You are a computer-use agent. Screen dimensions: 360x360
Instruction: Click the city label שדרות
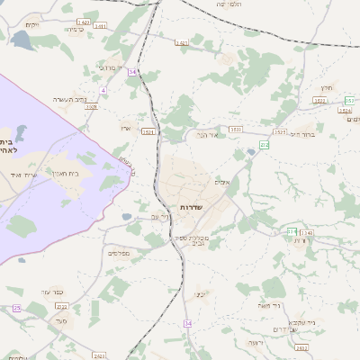pyautogui.click(x=191, y=207)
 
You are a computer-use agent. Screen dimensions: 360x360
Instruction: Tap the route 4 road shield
pyautogui.click(x=103, y=90)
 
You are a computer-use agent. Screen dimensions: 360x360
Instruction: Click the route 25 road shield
pyautogui.click(x=16, y=309)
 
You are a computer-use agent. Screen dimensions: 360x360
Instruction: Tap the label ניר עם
pyautogui.click(x=160, y=217)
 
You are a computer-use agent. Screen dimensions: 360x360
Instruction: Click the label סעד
pyautogui.click(x=62, y=321)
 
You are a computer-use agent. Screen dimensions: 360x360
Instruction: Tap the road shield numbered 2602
pyautogui.click(x=301, y=347)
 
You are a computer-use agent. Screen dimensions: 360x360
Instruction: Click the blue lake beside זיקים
pyautogui.click(x=20, y=39)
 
